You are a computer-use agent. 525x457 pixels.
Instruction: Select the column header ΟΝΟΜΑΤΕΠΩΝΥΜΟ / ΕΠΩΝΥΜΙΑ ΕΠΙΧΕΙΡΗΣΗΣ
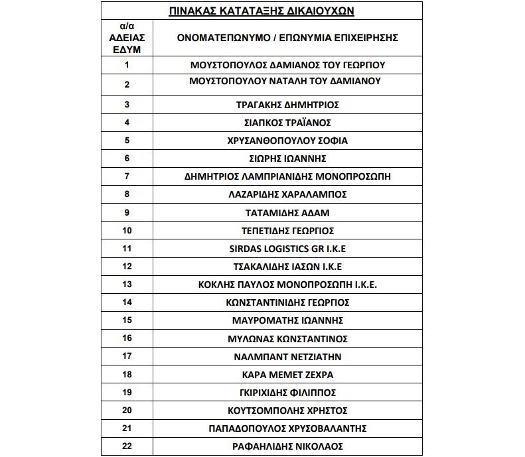[287, 38]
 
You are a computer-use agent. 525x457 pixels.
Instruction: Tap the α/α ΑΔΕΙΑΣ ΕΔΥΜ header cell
[127, 38]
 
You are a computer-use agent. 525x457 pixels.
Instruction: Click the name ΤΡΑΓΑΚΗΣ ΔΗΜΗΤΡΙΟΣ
[287, 105]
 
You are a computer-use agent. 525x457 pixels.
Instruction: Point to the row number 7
[127, 176]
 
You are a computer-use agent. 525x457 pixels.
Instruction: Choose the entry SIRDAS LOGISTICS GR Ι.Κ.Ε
[287, 249]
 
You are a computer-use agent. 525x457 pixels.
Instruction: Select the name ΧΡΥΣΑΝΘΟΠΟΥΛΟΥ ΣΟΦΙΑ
[287, 141]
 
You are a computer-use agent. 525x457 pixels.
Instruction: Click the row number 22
[127, 446]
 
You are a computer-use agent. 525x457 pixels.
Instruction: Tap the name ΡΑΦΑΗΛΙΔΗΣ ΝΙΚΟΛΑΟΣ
[287, 446]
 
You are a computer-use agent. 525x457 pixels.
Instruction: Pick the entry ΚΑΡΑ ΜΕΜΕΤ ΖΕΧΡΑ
[287, 374]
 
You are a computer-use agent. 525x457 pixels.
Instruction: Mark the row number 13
[127, 284]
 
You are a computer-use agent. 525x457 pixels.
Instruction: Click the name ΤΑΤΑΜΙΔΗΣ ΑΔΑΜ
[287, 213]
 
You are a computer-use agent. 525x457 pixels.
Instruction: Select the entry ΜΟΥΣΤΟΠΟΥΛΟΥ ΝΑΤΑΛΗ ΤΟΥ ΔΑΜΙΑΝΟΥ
[287, 81]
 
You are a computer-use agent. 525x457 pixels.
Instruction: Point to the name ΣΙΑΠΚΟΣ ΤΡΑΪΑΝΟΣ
[287, 123]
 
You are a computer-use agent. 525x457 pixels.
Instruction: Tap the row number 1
[127, 65]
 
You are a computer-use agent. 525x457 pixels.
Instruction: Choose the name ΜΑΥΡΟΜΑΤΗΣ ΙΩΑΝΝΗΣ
[287, 320]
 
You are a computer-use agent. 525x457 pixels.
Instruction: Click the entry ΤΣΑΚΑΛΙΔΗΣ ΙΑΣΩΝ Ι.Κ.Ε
[287, 267]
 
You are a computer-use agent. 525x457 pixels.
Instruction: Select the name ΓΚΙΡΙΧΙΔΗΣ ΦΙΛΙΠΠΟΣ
[287, 392]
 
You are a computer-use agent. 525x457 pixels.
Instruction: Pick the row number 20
[127, 410]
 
